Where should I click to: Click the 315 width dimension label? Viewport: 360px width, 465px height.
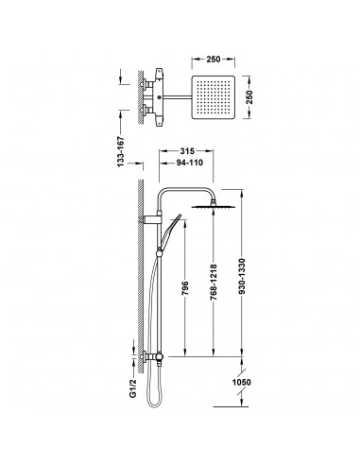[187, 151]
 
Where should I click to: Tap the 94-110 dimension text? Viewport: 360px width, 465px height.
[189, 163]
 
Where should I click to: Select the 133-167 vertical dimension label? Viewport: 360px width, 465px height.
[121, 151]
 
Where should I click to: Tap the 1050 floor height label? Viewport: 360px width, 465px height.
[242, 383]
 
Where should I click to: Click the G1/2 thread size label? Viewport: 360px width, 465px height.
[133, 388]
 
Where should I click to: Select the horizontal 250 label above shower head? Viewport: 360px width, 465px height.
[214, 59]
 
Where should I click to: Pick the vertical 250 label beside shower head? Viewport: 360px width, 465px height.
[249, 97]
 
